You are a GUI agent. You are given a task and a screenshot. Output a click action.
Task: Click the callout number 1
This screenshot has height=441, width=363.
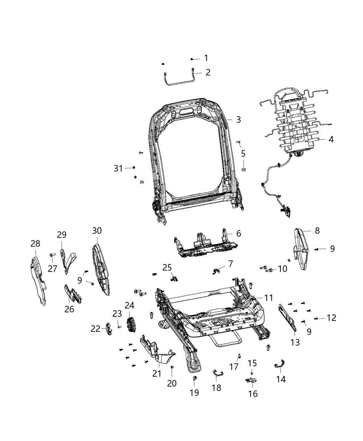[x=206, y=58]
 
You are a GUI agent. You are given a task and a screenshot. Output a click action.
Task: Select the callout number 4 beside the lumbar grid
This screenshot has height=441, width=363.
[x=331, y=139]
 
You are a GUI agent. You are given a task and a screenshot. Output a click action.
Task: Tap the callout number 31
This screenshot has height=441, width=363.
[x=118, y=168]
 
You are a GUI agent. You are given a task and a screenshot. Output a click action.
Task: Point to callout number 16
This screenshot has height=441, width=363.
[x=253, y=393]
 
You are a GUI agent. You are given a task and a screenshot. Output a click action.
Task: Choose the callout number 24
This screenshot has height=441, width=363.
[x=129, y=305]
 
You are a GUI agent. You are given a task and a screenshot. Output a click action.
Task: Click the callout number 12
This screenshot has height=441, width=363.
[x=331, y=318]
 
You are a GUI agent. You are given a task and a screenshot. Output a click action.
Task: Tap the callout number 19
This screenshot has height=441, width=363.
[x=194, y=393]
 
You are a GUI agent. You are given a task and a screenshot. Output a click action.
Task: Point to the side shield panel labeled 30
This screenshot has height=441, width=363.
[x=101, y=270]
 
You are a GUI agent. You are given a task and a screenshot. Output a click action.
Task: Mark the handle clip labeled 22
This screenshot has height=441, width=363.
[x=108, y=328]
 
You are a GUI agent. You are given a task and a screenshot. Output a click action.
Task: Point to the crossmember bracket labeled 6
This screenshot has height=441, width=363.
[x=206, y=244]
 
